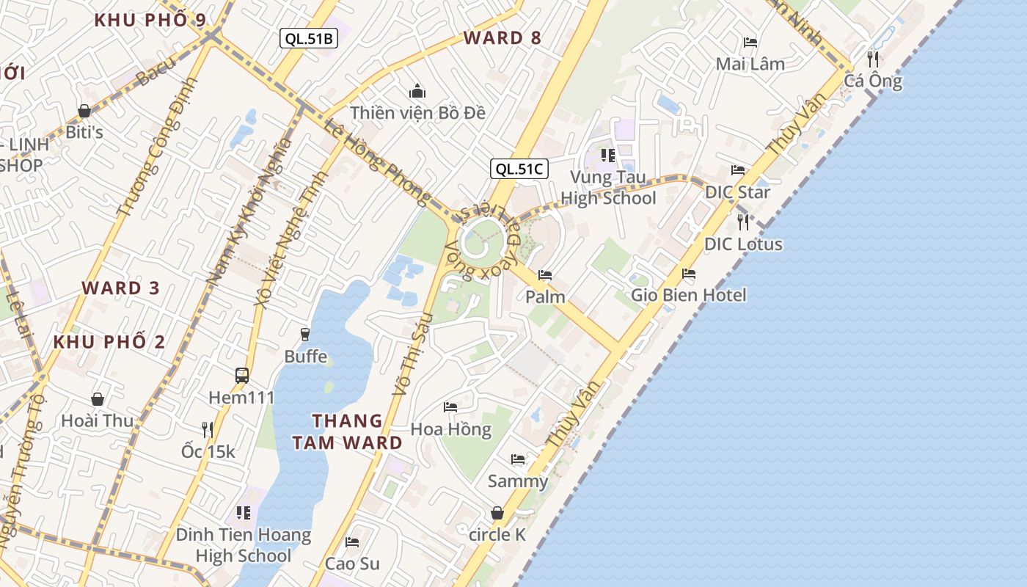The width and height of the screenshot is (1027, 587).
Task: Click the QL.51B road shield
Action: pyautogui.click(x=309, y=39)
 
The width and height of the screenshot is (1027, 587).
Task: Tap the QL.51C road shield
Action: pyautogui.click(x=519, y=169)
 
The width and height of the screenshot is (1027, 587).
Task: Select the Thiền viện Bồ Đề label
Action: pyautogui.click(x=417, y=113)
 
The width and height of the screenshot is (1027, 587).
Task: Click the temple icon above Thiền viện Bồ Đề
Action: pyautogui.click(x=417, y=91)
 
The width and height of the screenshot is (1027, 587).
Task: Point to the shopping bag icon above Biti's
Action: pyautogui.click(x=84, y=111)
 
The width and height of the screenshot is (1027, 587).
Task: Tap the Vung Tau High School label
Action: pyautogui.click(x=608, y=188)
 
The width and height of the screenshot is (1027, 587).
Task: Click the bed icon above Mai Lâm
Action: pyautogui.click(x=750, y=43)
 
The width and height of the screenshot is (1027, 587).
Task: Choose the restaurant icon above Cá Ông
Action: pyautogui.click(x=873, y=59)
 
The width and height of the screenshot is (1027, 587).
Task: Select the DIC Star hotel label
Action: pyautogui.click(x=737, y=192)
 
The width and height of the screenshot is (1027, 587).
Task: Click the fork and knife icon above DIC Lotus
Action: pyautogui.click(x=743, y=222)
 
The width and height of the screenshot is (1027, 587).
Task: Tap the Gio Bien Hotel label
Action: pyautogui.click(x=689, y=295)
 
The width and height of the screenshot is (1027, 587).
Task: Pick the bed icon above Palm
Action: pyautogui.click(x=545, y=275)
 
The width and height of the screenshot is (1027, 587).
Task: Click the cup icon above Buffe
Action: pyautogui.click(x=305, y=335)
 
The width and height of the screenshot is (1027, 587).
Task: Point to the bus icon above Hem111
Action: pyautogui.click(x=242, y=376)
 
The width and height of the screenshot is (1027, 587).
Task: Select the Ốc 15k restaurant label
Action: pyautogui.click(x=208, y=451)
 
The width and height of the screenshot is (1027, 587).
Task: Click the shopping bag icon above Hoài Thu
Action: pyautogui.click(x=98, y=399)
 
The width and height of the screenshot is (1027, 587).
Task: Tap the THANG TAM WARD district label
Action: pyautogui.click(x=348, y=431)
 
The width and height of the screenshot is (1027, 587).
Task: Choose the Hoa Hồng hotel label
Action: pyautogui.click(x=450, y=429)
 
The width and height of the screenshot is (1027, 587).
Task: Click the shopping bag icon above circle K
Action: pyautogui.click(x=497, y=513)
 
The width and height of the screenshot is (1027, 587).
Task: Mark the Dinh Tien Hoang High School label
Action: pyautogui.click(x=243, y=545)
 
